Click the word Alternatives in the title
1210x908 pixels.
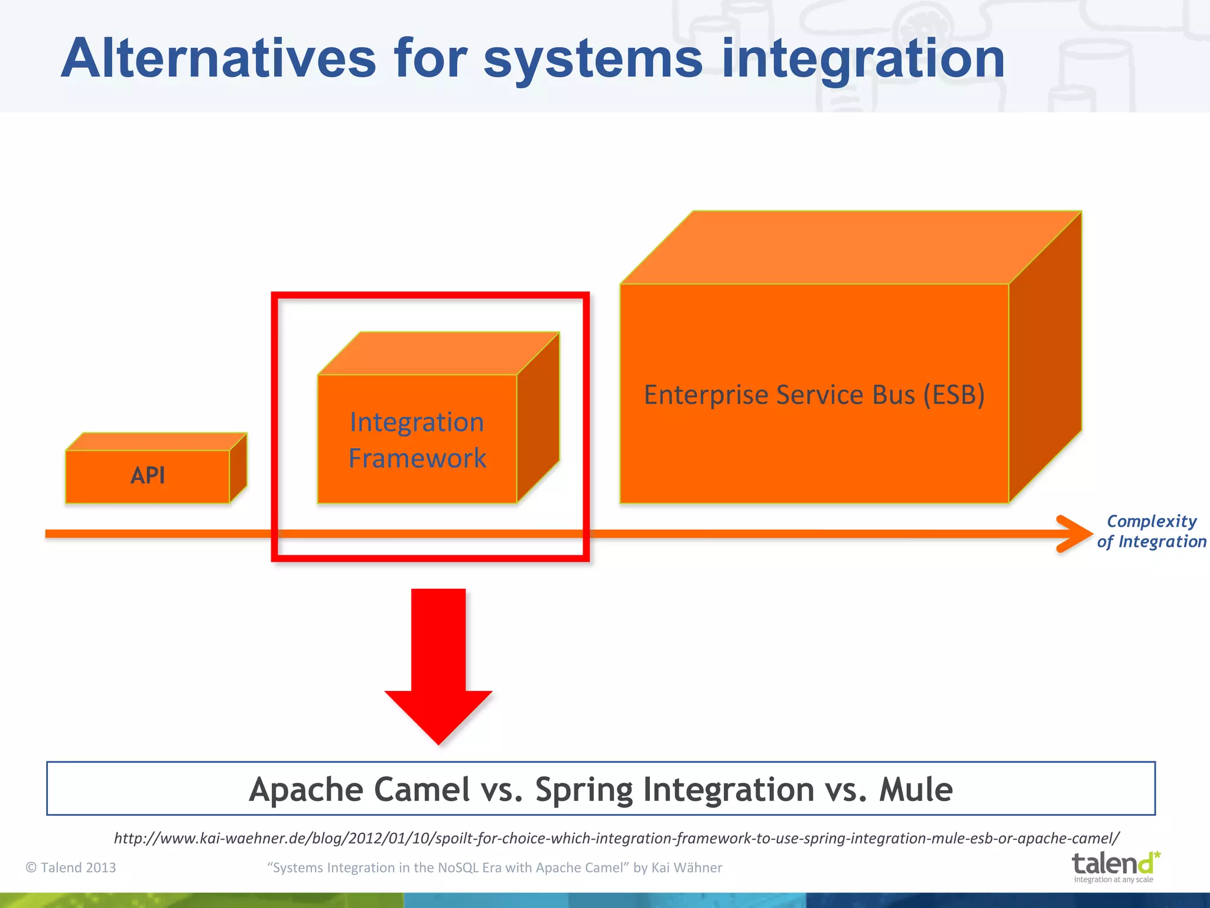click(219, 59)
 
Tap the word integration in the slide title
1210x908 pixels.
click(863, 59)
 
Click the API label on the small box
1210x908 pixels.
click(148, 475)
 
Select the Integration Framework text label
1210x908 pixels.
click(417, 440)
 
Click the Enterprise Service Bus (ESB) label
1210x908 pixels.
click(814, 395)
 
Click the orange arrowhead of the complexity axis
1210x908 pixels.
click(1075, 534)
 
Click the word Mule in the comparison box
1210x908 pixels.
click(916, 789)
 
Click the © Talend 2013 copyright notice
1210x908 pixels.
click(71, 867)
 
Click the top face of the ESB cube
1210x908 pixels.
click(851, 247)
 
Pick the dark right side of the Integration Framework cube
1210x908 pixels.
click(538, 417)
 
